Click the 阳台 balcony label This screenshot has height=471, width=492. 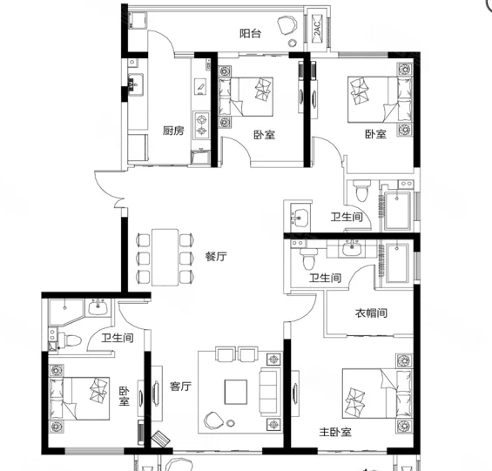pos(250,33)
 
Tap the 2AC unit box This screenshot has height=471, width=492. pos(318,29)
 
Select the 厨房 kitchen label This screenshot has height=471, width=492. pos(173,131)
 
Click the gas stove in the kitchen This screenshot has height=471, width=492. pos(201,124)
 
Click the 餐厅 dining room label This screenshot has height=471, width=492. pos(216,256)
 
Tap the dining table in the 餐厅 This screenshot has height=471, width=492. pos(165,258)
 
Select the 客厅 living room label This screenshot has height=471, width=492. pos(180,386)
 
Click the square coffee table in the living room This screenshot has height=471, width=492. pos(236,392)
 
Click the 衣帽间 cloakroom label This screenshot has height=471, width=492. pos(371,313)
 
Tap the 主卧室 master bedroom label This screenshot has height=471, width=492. pos(335,432)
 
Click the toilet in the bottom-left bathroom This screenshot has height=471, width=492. pos(70,340)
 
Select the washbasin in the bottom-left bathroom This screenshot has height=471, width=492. pos(98,306)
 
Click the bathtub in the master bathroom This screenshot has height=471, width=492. pos(397,263)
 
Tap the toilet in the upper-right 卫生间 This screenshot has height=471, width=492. pos(362,191)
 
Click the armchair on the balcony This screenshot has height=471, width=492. pos(286,25)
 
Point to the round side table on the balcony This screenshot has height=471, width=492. pos(293,43)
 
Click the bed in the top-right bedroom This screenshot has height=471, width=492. pos(380,99)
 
